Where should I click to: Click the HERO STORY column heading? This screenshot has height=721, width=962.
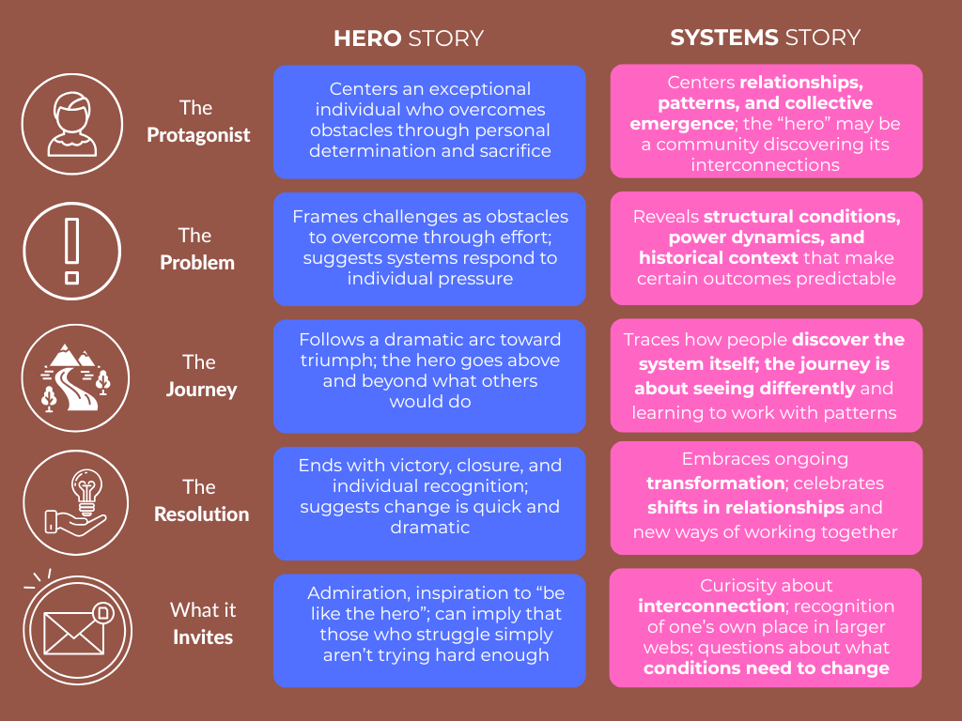pyautogui.click(x=409, y=38)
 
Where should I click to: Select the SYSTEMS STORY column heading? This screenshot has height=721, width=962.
pyautogui.click(x=765, y=38)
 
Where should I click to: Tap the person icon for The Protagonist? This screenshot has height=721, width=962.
pyautogui.click(x=71, y=125)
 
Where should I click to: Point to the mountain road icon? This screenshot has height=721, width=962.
pyautogui.click(x=71, y=376)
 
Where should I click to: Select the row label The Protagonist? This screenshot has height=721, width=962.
pyautogui.click(x=197, y=122)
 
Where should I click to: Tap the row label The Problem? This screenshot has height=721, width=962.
pyautogui.click(x=196, y=249)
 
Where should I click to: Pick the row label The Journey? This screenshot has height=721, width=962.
pyautogui.click(x=198, y=376)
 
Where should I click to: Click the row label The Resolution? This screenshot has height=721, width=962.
pyautogui.click(x=200, y=500)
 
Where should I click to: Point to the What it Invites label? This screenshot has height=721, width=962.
pyautogui.click(x=203, y=623)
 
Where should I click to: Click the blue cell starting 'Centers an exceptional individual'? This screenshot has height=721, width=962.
pyautogui.click(x=429, y=121)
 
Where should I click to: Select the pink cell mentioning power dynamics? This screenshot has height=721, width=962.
pyautogui.click(x=766, y=248)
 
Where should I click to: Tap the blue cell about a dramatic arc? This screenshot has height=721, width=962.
pyautogui.click(x=429, y=371)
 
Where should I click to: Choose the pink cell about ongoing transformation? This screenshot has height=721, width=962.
pyautogui.click(x=766, y=497)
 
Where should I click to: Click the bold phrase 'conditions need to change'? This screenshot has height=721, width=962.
pyautogui.click(x=766, y=668)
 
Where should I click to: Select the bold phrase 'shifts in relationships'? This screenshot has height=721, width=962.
pyautogui.click(x=745, y=508)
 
